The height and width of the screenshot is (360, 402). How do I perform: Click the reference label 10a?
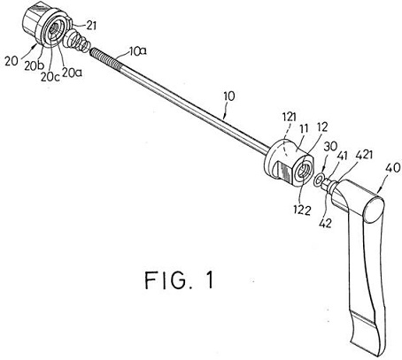coord(137,52)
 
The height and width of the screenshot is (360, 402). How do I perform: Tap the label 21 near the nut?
coord(90,26)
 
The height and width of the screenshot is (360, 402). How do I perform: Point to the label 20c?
coord(50,76)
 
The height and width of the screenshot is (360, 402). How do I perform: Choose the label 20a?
coord(72,72)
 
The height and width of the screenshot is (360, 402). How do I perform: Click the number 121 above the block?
coord(290,117)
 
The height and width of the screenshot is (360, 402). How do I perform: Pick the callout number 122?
coord(302,211)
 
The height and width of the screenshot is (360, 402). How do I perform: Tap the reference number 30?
coord(331,146)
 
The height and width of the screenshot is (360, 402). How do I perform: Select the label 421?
coord(364,155)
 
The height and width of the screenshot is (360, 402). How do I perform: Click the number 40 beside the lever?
coord(393,168)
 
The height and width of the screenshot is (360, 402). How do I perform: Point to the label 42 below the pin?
coord(325,223)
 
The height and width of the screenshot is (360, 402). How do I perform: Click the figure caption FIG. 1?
coord(179,280)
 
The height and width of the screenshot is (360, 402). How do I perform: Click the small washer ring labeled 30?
coord(320,180)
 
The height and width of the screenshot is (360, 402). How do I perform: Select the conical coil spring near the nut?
coord(76,41)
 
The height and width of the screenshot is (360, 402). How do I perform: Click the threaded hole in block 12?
coord(302,172)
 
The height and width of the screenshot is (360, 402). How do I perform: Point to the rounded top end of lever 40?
coord(374,210)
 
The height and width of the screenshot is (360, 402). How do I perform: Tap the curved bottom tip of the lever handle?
coord(367,352)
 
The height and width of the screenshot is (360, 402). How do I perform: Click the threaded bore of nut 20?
coord(53,29)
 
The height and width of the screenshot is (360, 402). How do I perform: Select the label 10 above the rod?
coord(229,96)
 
